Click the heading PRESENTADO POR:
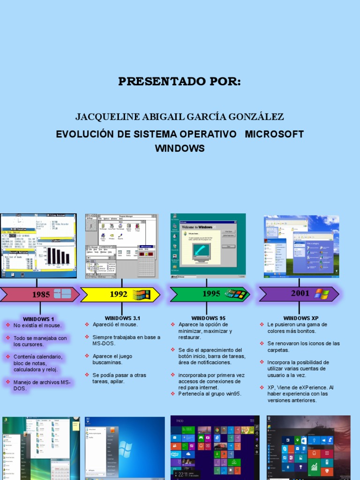[x=180, y=82]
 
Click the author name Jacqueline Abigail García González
[x=180, y=116]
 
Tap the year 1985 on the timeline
[x=41, y=295]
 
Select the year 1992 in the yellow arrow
[x=119, y=294]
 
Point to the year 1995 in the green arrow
[x=211, y=294]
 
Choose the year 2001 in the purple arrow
[x=300, y=293]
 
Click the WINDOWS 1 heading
[x=38, y=319]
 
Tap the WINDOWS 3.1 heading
[x=122, y=318]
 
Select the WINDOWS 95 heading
[x=208, y=318]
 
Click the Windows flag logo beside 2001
[x=322, y=294]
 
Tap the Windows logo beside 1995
[x=235, y=294]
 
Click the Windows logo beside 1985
[x=62, y=294]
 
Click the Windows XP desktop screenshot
[x=301, y=245]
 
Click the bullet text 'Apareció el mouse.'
[x=115, y=324]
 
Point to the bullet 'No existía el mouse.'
[x=37, y=325]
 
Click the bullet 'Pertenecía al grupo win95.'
[x=210, y=394]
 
